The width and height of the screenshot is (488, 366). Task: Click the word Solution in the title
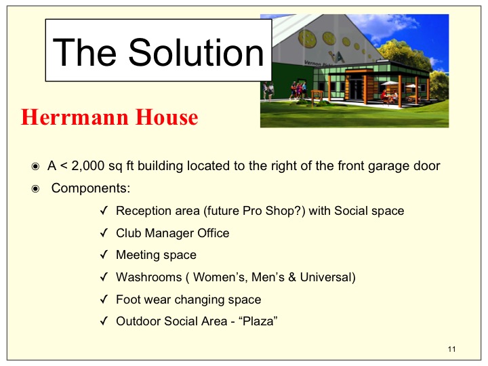196,52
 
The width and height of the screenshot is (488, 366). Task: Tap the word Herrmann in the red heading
75,117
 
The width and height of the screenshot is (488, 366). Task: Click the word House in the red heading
167,117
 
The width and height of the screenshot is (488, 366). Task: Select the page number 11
452,349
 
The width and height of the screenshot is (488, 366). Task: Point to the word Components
91,188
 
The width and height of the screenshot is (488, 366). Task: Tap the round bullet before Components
35,189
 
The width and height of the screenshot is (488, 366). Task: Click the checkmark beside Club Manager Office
104,232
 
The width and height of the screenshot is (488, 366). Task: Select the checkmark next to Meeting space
104,255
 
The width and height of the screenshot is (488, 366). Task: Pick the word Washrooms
148,277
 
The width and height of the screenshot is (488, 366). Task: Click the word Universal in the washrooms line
326,277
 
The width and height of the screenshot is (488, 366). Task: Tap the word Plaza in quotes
258,321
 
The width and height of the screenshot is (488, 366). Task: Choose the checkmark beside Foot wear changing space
104,300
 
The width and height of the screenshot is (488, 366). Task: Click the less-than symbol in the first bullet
64,166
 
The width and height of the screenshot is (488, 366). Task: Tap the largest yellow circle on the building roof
308,39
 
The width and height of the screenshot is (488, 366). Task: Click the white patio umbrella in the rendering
389,83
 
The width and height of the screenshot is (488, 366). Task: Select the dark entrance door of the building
356,89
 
